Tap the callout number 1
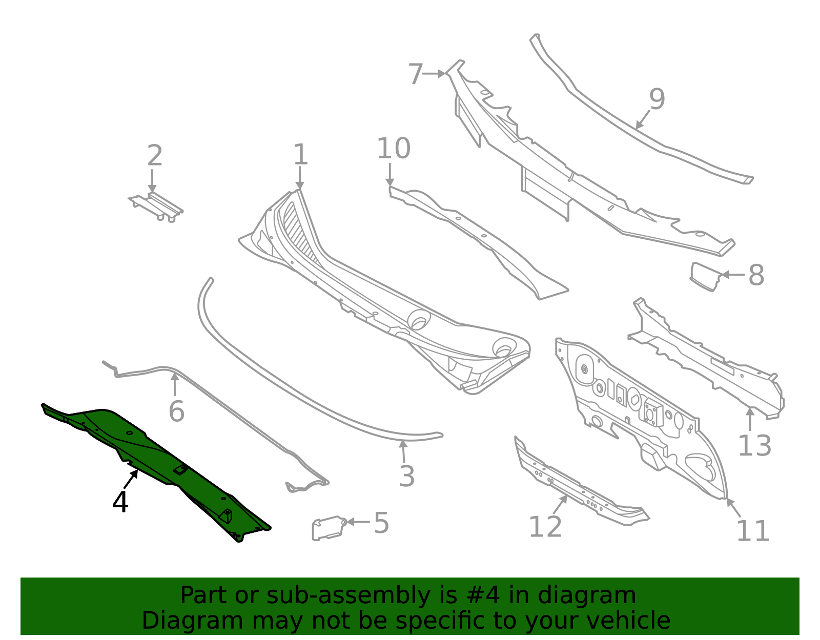[300, 155]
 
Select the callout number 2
[155, 156]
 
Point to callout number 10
[394, 149]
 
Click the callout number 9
[657, 99]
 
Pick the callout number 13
[754, 446]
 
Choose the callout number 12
[545, 527]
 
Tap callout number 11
[753, 531]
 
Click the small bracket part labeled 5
[328, 528]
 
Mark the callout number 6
[176, 412]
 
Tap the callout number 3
[407, 477]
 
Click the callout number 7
[416, 74]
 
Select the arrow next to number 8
[733, 275]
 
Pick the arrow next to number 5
[358, 522]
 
